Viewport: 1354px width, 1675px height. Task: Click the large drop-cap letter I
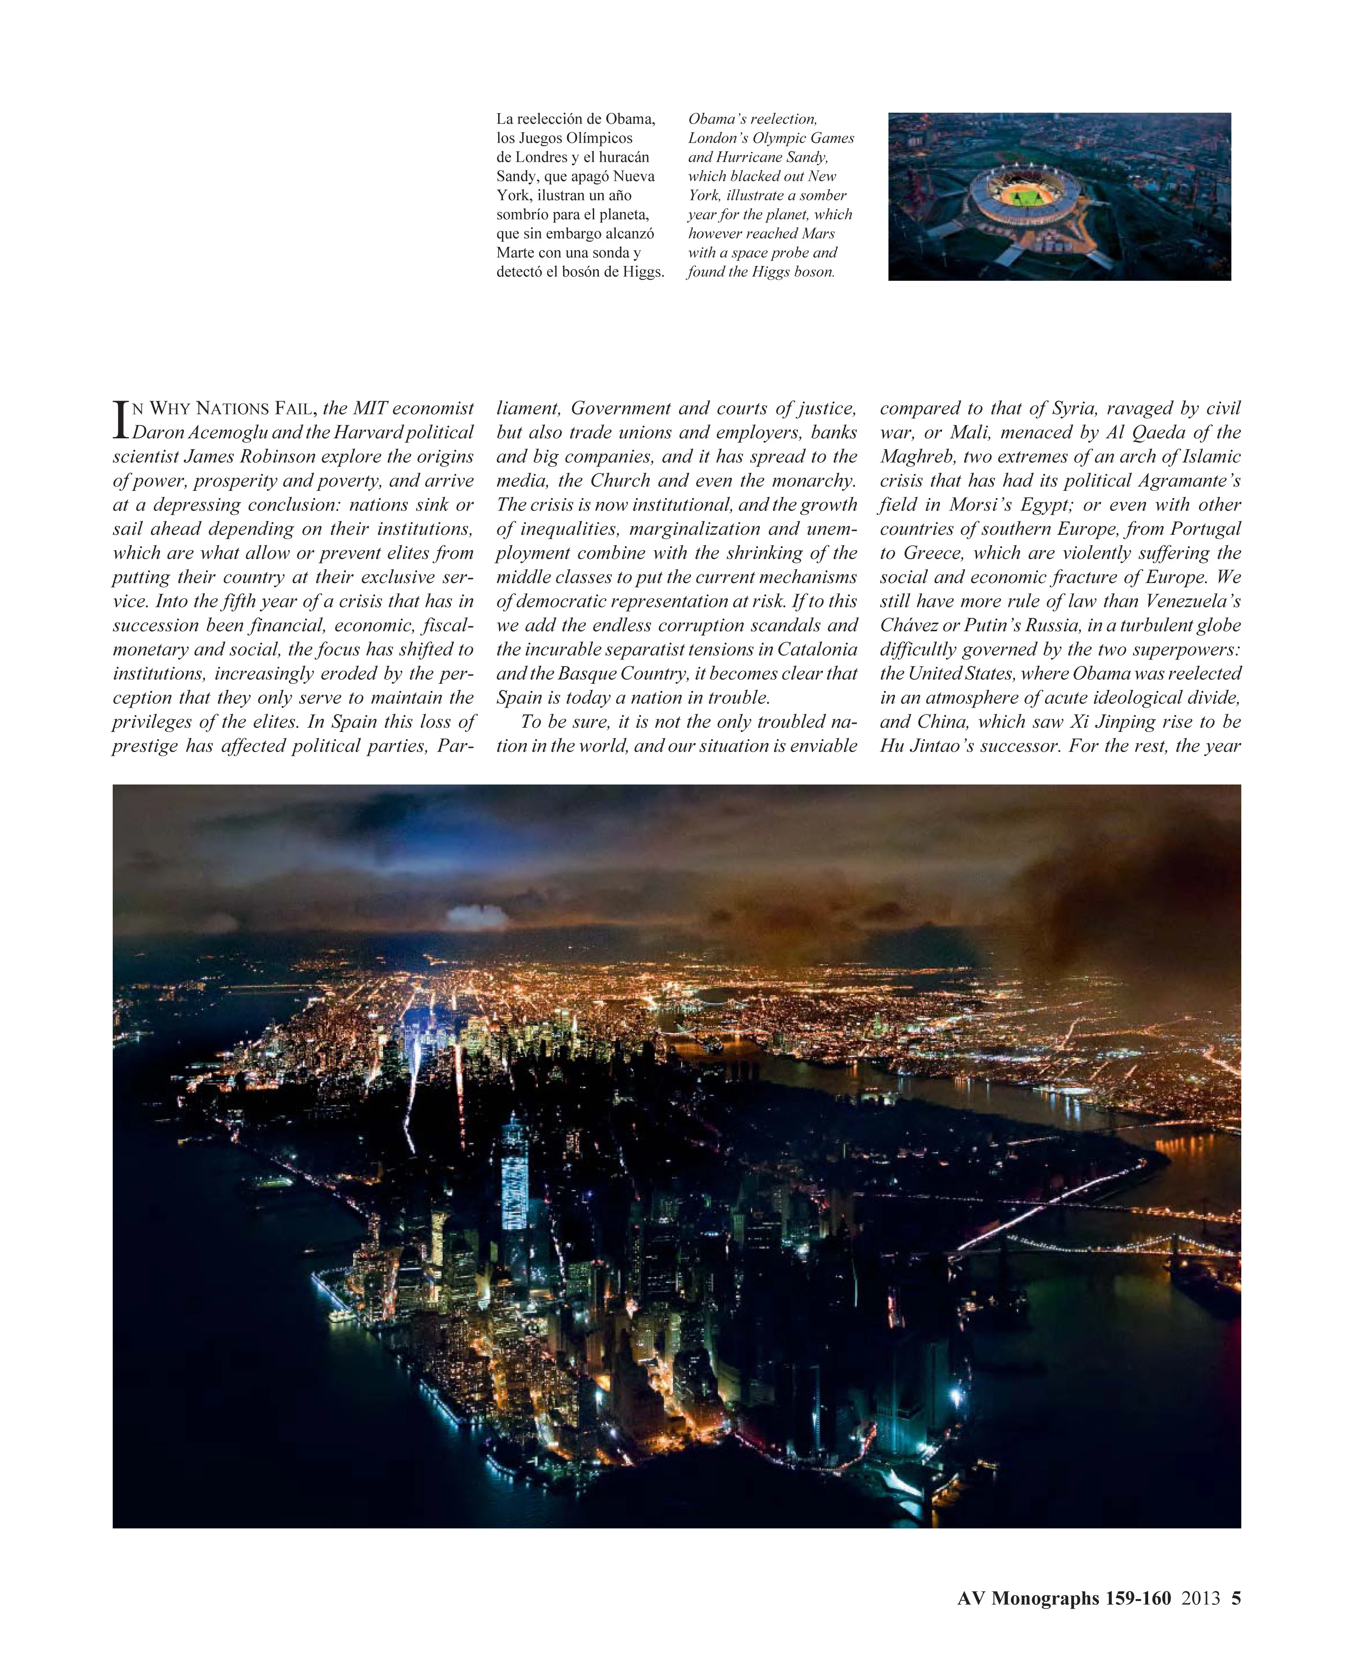pos(121,420)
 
